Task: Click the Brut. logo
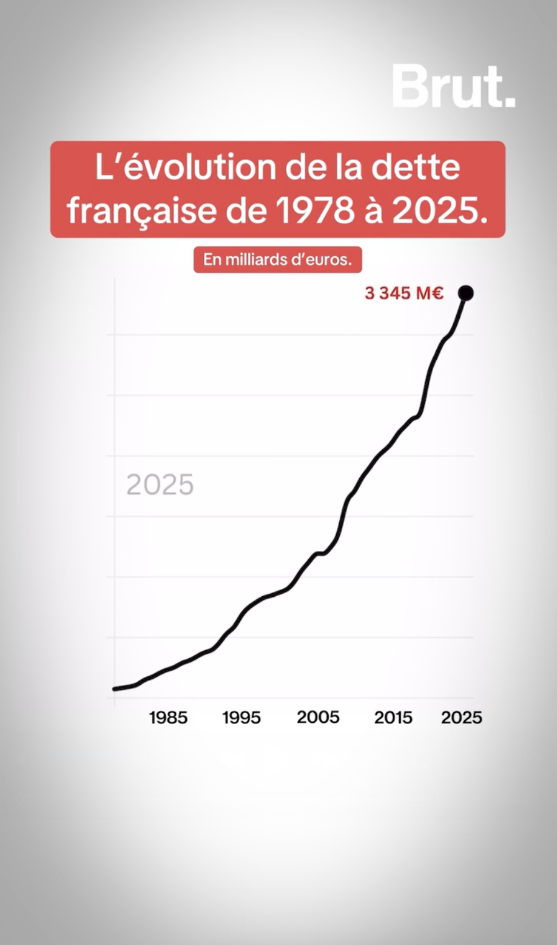453,86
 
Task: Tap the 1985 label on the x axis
168,718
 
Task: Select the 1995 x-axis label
241,718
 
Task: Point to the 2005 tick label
318,718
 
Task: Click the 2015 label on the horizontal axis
393,718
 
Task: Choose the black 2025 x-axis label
462,718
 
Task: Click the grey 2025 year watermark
160,485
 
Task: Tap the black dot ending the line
466,293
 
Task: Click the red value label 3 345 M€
404,294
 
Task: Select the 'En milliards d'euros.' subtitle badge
278,260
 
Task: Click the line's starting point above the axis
115,688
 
